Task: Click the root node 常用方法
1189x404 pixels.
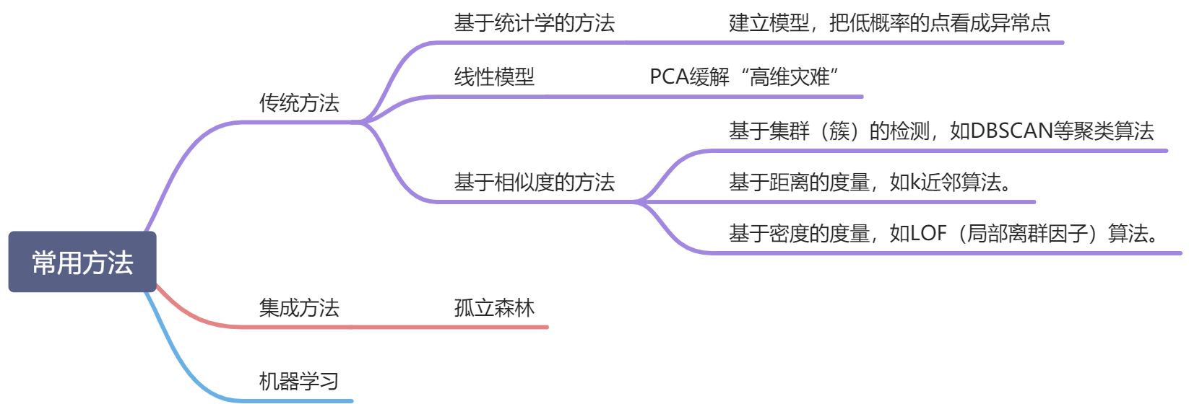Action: pos(82,262)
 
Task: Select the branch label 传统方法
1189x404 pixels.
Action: pos(299,103)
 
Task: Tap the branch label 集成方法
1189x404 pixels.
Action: pos(299,308)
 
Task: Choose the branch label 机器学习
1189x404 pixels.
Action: pos(299,381)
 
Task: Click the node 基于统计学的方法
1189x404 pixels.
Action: pos(534,23)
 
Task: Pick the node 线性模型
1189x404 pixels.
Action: pos(494,76)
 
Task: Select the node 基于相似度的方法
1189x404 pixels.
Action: pos(534,182)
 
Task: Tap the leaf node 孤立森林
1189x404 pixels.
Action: pos(494,308)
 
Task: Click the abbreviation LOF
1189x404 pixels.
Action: pos(928,233)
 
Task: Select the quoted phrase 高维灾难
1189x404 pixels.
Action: pos(790,76)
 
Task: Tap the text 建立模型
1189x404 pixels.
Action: pos(769,23)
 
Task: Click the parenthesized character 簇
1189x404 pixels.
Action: pos(839,131)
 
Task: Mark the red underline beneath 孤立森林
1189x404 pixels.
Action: pos(498,327)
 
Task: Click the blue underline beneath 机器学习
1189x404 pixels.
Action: pos(303,400)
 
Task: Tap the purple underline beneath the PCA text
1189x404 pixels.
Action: pos(744,96)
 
